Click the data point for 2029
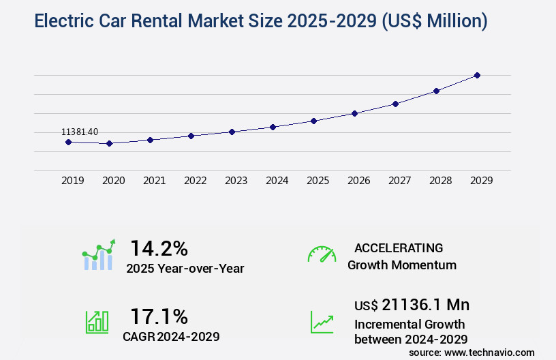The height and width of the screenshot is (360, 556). coord(477,75)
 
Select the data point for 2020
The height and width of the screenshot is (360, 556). coord(109,143)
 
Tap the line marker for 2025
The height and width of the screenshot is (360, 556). coord(313,121)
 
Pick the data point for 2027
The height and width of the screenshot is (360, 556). coord(395,104)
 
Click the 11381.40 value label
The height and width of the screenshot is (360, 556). coord(80,132)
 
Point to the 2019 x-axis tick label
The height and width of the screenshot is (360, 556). coord(73,181)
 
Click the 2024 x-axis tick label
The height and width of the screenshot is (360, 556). coord(277,181)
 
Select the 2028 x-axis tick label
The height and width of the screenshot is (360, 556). coord(441,181)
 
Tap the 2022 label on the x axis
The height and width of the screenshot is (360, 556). coord(196,181)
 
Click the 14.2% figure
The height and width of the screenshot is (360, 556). coord(159,248)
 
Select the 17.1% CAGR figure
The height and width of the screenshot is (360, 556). coord(159,316)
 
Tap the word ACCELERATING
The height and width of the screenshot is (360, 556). coord(399,248)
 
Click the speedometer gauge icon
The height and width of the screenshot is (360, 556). coord(322,254)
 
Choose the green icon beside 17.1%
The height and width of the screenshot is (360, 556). coord(97,322)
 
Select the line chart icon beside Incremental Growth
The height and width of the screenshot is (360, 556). coord(322,322)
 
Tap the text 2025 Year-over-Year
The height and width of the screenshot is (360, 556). coord(185,269)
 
